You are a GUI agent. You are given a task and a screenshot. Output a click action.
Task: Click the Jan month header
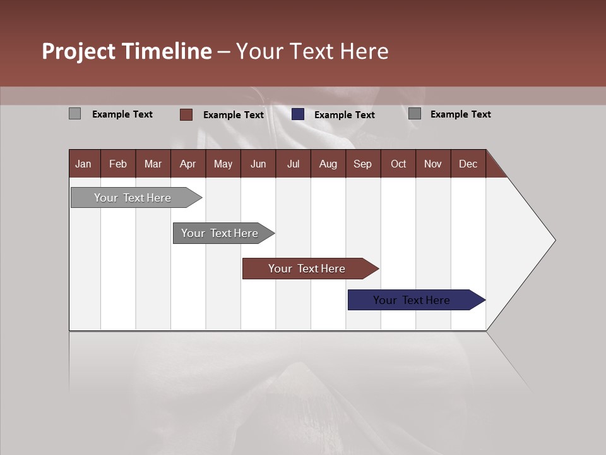pos(83,164)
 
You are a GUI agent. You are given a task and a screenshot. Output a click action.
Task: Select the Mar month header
pos(153,164)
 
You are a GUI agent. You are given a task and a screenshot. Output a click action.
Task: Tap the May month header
pos(223,164)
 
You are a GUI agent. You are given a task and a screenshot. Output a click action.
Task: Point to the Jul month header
pos(293,164)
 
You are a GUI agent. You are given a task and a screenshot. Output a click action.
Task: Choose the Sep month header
pos(362,164)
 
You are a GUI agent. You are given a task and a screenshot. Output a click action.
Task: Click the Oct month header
pos(398,164)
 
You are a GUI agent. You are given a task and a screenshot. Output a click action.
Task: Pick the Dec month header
pos(468,164)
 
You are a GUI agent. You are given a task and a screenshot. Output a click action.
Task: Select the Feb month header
pos(118,164)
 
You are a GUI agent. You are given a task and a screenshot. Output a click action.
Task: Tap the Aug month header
pos(328,164)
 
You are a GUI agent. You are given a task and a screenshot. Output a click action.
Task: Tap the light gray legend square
pos(74,114)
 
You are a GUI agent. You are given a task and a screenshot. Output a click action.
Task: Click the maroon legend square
pos(186,114)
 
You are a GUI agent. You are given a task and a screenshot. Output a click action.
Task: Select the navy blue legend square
pos(298,114)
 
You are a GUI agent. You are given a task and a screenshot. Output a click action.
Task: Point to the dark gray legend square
pos(415,114)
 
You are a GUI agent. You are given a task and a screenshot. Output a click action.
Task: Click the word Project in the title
pos(79,51)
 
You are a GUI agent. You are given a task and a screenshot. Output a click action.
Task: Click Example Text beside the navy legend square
pos(344,115)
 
